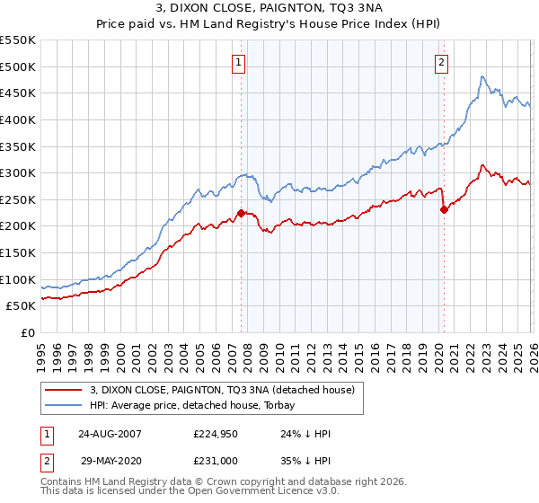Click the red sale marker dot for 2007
tap(241, 213)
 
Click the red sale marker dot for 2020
tap(444, 209)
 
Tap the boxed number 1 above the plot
tap(239, 62)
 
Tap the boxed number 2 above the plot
tap(442, 62)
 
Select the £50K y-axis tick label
tap(22, 305)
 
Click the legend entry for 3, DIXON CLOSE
tap(223, 390)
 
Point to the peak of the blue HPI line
tap(482, 76)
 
